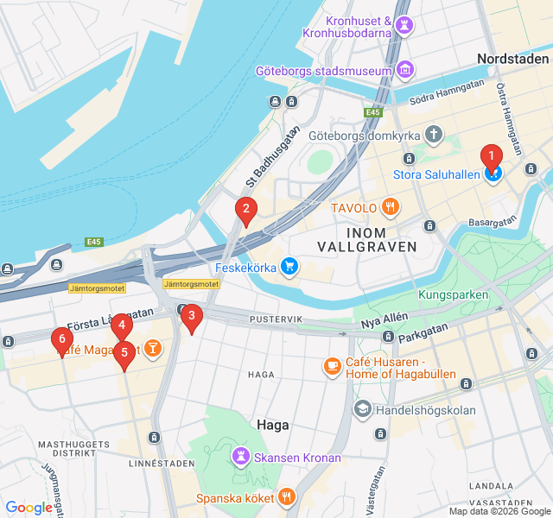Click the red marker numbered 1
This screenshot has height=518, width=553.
[491, 158]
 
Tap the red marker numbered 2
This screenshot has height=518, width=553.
[246, 208]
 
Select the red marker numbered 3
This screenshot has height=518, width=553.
[191, 316]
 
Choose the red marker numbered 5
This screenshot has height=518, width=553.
[124, 352]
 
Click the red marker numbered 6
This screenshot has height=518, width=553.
[61, 338]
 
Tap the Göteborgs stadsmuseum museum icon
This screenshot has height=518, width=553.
[404, 69]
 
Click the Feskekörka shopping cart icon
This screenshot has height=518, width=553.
[289, 268]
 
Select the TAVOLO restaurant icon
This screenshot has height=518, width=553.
[391, 207]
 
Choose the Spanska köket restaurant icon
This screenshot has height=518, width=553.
[287, 497]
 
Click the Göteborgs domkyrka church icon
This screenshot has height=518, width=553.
[432, 136]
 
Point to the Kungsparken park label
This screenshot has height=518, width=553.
[453, 295]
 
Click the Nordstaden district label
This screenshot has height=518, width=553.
[512, 59]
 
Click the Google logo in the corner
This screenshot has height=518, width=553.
[29, 508]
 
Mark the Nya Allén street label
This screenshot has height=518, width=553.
[382, 320]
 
